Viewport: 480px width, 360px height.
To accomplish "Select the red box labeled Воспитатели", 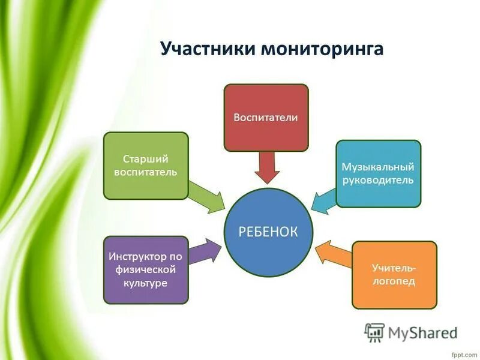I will click(266, 117).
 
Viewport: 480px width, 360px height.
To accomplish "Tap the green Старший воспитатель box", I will click(146, 166).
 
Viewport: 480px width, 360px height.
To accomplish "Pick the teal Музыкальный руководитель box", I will click(378, 173).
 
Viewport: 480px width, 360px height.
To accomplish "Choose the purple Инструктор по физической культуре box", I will click(146, 269).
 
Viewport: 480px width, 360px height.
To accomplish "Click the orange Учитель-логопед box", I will click(394, 274).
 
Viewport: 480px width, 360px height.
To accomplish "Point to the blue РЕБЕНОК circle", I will click(268, 232).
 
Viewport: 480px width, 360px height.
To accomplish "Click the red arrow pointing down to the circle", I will click(266, 166).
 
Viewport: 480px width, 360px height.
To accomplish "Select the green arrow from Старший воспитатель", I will click(207, 196).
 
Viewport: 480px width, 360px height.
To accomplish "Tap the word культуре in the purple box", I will click(146, 283).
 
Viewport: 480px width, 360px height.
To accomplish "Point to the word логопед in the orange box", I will click(394, 281).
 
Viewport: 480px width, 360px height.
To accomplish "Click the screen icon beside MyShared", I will click(374, 332).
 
